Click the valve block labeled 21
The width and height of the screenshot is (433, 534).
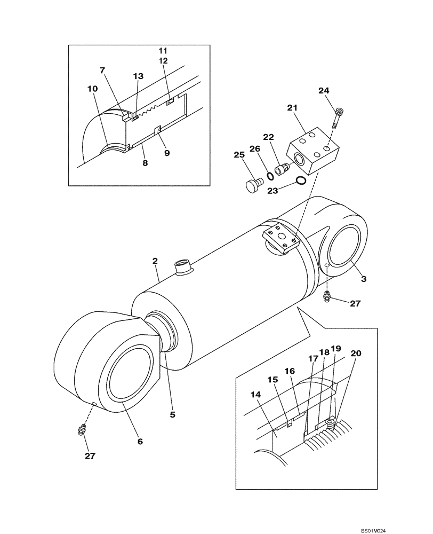(315, 152)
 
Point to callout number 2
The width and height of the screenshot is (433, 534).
(155, 261)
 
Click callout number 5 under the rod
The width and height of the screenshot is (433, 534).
(172, 413)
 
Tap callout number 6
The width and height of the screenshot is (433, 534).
(140, 441)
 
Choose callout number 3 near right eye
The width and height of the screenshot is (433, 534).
(363, 279)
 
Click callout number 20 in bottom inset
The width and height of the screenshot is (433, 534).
(356, 353)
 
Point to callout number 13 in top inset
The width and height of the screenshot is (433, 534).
(138, 77)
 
